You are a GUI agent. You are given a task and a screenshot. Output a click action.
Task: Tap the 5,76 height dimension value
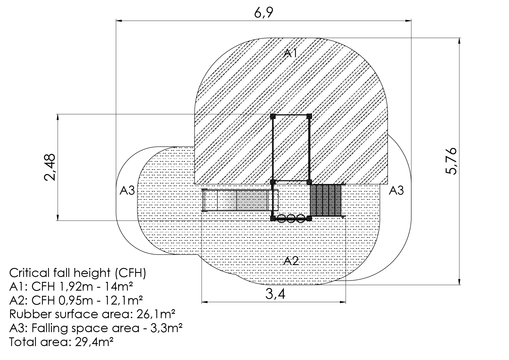[451, 161]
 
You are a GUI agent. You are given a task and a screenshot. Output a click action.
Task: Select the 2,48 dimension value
[50, 168]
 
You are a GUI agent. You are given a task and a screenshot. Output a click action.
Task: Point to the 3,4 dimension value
[275, 294]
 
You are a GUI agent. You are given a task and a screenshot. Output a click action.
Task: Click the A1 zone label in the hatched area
[291, 53]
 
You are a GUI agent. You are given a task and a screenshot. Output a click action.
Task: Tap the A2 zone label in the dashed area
[291, 261]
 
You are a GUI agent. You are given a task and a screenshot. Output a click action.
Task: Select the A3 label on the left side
[127, 191]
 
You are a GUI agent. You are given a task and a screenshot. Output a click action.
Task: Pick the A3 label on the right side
[396, 190]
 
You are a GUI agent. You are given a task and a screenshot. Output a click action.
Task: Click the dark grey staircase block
[326, 200]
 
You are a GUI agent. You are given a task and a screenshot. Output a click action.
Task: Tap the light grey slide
[240, 200]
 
